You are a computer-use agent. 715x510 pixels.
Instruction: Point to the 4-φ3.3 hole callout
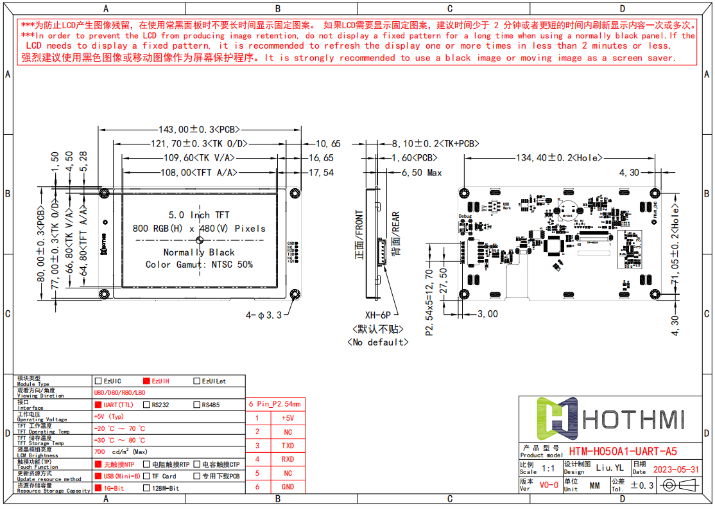[264, 315]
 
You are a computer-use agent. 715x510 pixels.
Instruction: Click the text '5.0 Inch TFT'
[199, 215]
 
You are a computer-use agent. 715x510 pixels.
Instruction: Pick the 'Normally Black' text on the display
[199, 252]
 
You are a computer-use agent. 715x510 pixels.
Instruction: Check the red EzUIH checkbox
[146, 381]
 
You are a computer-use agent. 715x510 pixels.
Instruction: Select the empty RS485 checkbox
[197, 405]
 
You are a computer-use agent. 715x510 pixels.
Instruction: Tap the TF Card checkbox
[146, 476]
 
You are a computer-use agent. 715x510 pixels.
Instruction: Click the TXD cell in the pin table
[288, 445]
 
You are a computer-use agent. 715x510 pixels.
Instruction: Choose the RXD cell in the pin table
[288, 459]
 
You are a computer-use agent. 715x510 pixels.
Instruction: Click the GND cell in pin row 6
[288, 487]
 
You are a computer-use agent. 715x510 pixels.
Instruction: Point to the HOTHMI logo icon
[558, 419]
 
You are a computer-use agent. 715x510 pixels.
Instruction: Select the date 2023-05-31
[675, 470]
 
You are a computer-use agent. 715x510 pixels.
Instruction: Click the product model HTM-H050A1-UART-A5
[623, 452]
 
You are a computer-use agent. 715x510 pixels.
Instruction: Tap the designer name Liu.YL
[609, 468]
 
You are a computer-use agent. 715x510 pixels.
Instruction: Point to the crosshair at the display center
[200, 240]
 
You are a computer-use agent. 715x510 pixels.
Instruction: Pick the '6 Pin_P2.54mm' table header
[275, 404]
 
